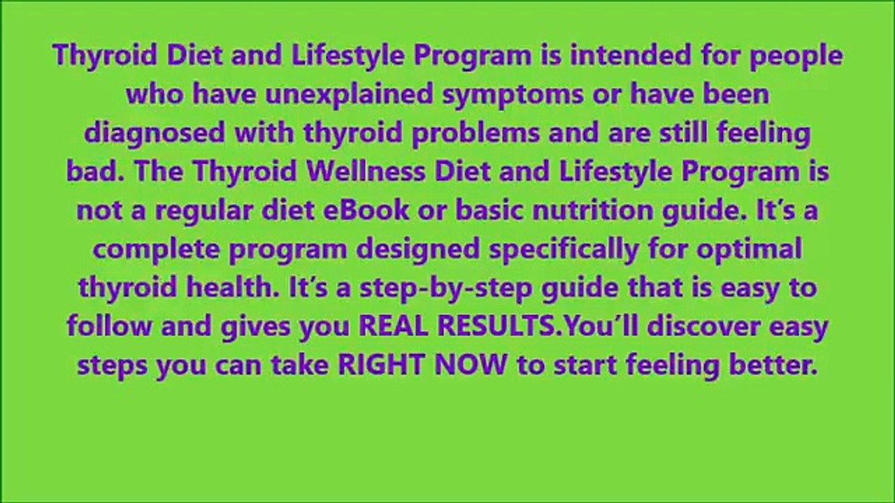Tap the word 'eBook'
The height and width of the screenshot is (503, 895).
click(x=366, y=210)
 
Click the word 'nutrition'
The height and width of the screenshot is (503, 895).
click(x=592, y=210)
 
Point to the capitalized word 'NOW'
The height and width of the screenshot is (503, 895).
click(x=471, y=365)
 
